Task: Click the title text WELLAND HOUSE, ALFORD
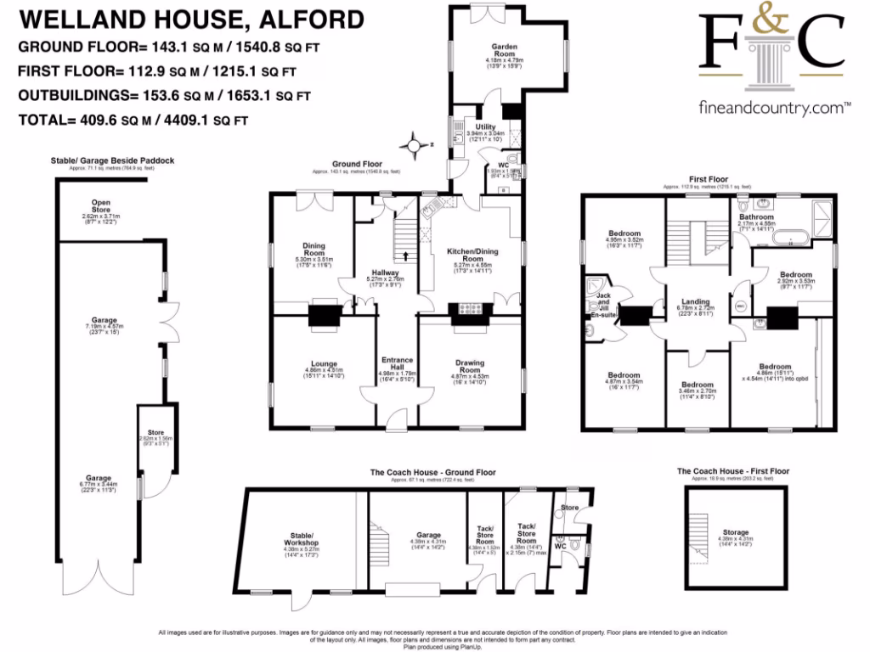[x=190, y=20]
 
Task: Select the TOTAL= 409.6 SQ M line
[x=133, y=121]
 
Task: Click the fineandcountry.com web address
[x=774, y=108]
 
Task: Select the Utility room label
[x=485, y=127]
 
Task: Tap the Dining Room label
[x=314, y=250]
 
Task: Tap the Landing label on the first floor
[x=695, y=301]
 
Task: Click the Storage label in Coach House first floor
[x=737, y=532]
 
